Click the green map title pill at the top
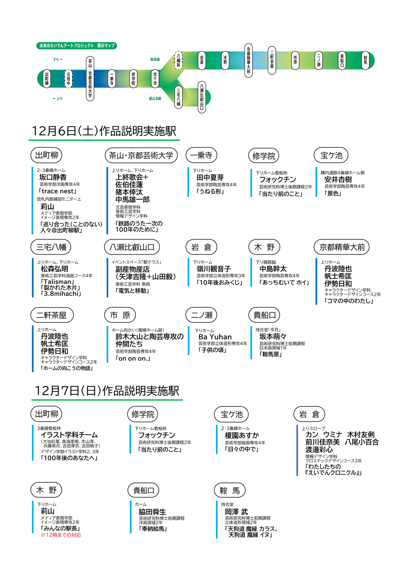coord(77,46)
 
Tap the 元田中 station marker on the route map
coord(68,79)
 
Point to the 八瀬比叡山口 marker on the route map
coord(202,97)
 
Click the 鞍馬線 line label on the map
coord(155,60)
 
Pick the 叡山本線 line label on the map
coord(155,99)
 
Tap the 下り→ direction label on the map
coord(57,60)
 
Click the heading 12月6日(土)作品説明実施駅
coord(104,131)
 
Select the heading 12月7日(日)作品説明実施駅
coord(107,390)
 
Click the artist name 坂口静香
coord(53,177)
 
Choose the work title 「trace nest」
coord(57,191)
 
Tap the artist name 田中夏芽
coord(210,178)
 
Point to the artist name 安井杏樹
coord(338,180)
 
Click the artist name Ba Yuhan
coord(215,337)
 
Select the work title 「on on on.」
coord(133,358)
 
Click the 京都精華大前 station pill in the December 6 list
coord(342,247)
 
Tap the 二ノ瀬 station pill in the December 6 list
coord(201,315)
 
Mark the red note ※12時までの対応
coord(61,535)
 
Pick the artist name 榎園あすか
coord(242,435)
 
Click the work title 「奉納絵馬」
coord(153,529)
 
